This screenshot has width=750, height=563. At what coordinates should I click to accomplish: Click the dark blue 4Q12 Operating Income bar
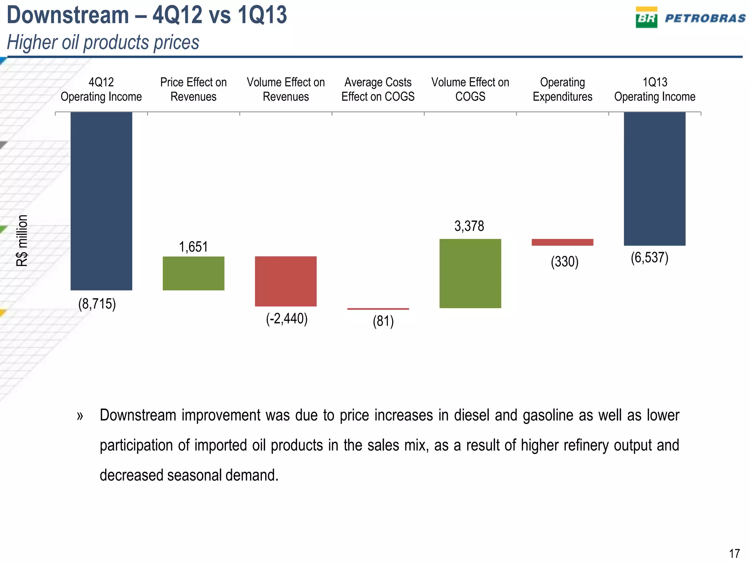tap(101, 201)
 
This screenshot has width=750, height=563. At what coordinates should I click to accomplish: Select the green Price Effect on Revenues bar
tap(193, 273)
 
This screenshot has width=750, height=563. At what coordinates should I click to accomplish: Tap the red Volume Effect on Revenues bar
tap(286, 281)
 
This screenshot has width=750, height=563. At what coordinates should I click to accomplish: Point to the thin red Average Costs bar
tap(378, 309)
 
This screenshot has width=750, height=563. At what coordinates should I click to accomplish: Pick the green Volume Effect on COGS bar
tap(470, 273)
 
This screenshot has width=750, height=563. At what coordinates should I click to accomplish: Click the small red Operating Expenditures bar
tap(562, 242)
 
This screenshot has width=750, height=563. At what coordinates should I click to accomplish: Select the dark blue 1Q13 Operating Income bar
tap(654, 179)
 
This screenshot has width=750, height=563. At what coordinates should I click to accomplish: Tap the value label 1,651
tap(193, 247)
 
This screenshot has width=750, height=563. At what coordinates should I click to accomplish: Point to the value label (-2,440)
tap(287, 319)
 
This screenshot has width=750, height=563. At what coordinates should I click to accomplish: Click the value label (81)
tap(383, 321)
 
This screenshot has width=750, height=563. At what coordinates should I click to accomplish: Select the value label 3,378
tap(469, 226)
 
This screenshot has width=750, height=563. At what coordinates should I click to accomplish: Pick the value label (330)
tap(564, 262)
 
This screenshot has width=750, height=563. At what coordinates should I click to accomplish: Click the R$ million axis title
tap(22, 240)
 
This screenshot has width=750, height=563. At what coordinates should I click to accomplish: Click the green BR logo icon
tap(646, 18)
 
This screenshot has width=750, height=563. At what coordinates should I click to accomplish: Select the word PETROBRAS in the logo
tap(705, 18)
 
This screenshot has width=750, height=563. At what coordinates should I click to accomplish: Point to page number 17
tap(734, 553)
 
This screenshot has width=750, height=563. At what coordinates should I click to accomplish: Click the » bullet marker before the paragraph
tap(80, 416)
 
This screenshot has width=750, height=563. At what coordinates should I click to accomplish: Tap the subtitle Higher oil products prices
tap(103, 42)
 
